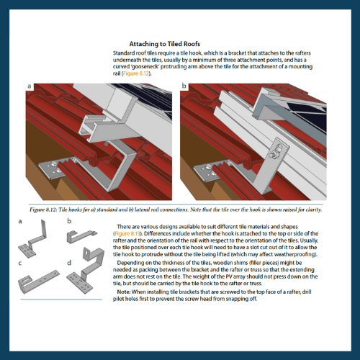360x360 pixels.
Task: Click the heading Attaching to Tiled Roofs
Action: click(165, 44)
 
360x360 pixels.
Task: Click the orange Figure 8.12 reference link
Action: click(136, 73)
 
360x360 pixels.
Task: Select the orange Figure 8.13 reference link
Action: click(127, 233)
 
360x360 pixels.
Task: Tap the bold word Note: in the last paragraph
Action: click(124, 292)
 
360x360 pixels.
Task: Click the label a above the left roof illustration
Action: click(30, 86)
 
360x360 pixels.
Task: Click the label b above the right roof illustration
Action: click(184, 86)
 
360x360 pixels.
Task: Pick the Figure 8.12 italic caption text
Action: click(176, 210)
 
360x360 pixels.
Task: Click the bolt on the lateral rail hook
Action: click(274, 154)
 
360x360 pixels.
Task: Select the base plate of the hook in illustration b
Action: click(207, 171)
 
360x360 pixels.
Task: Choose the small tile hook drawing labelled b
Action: click(81, 236)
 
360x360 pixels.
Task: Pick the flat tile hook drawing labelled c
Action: click(38, 282)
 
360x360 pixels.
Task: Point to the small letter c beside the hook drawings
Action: click(20, 264)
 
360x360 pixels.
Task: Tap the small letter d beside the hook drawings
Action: click(69, 263)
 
